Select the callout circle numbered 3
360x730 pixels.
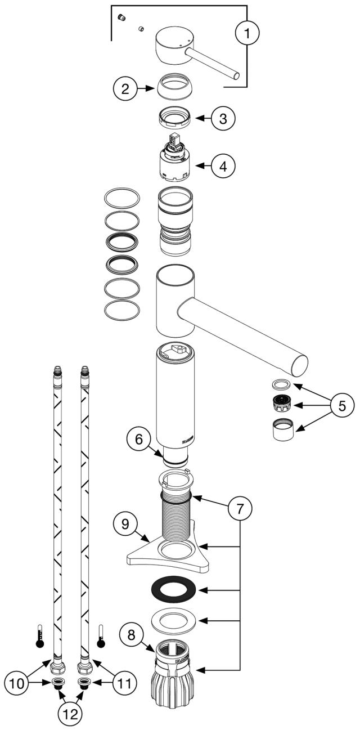click(223, 119)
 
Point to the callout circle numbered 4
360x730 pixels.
click(223, 166)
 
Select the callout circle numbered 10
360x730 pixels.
click(17, 683)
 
